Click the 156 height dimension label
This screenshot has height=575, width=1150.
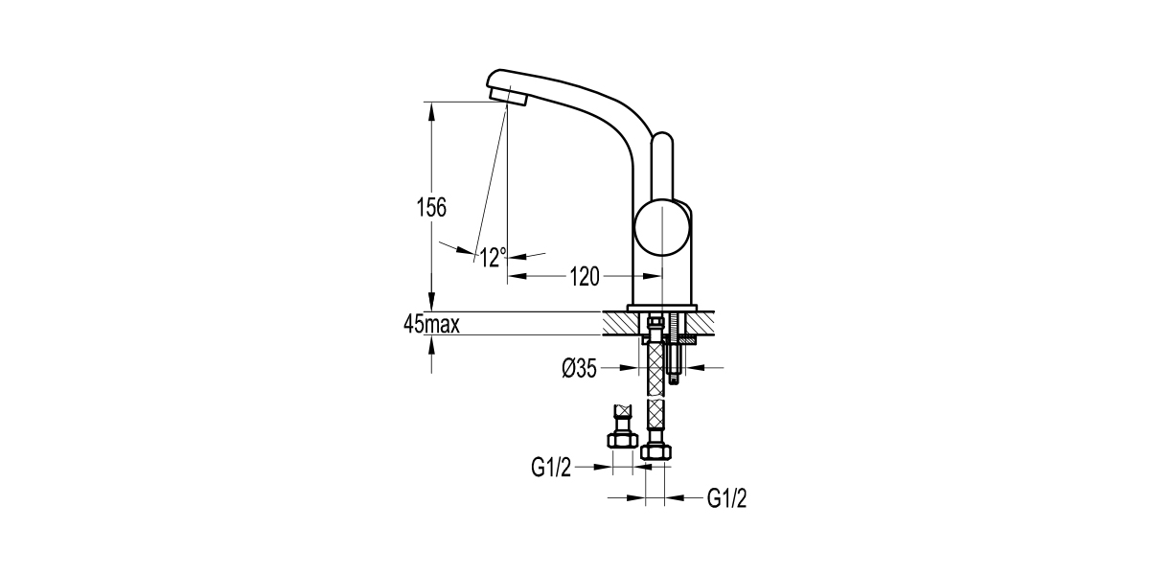tap(431, 207)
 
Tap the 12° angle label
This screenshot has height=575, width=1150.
tap(494, 257)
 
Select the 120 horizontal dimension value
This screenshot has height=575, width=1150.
tap(585, 277)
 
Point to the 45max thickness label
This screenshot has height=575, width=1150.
tap(431, 324)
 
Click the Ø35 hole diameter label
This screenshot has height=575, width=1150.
tap(580, 368)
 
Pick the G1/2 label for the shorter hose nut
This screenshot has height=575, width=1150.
tap(551, 468)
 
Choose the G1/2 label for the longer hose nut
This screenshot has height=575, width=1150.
tap(727, 498)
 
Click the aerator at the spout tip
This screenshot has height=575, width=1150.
tap(508, 97)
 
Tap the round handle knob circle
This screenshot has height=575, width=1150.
tap(662, 227)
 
